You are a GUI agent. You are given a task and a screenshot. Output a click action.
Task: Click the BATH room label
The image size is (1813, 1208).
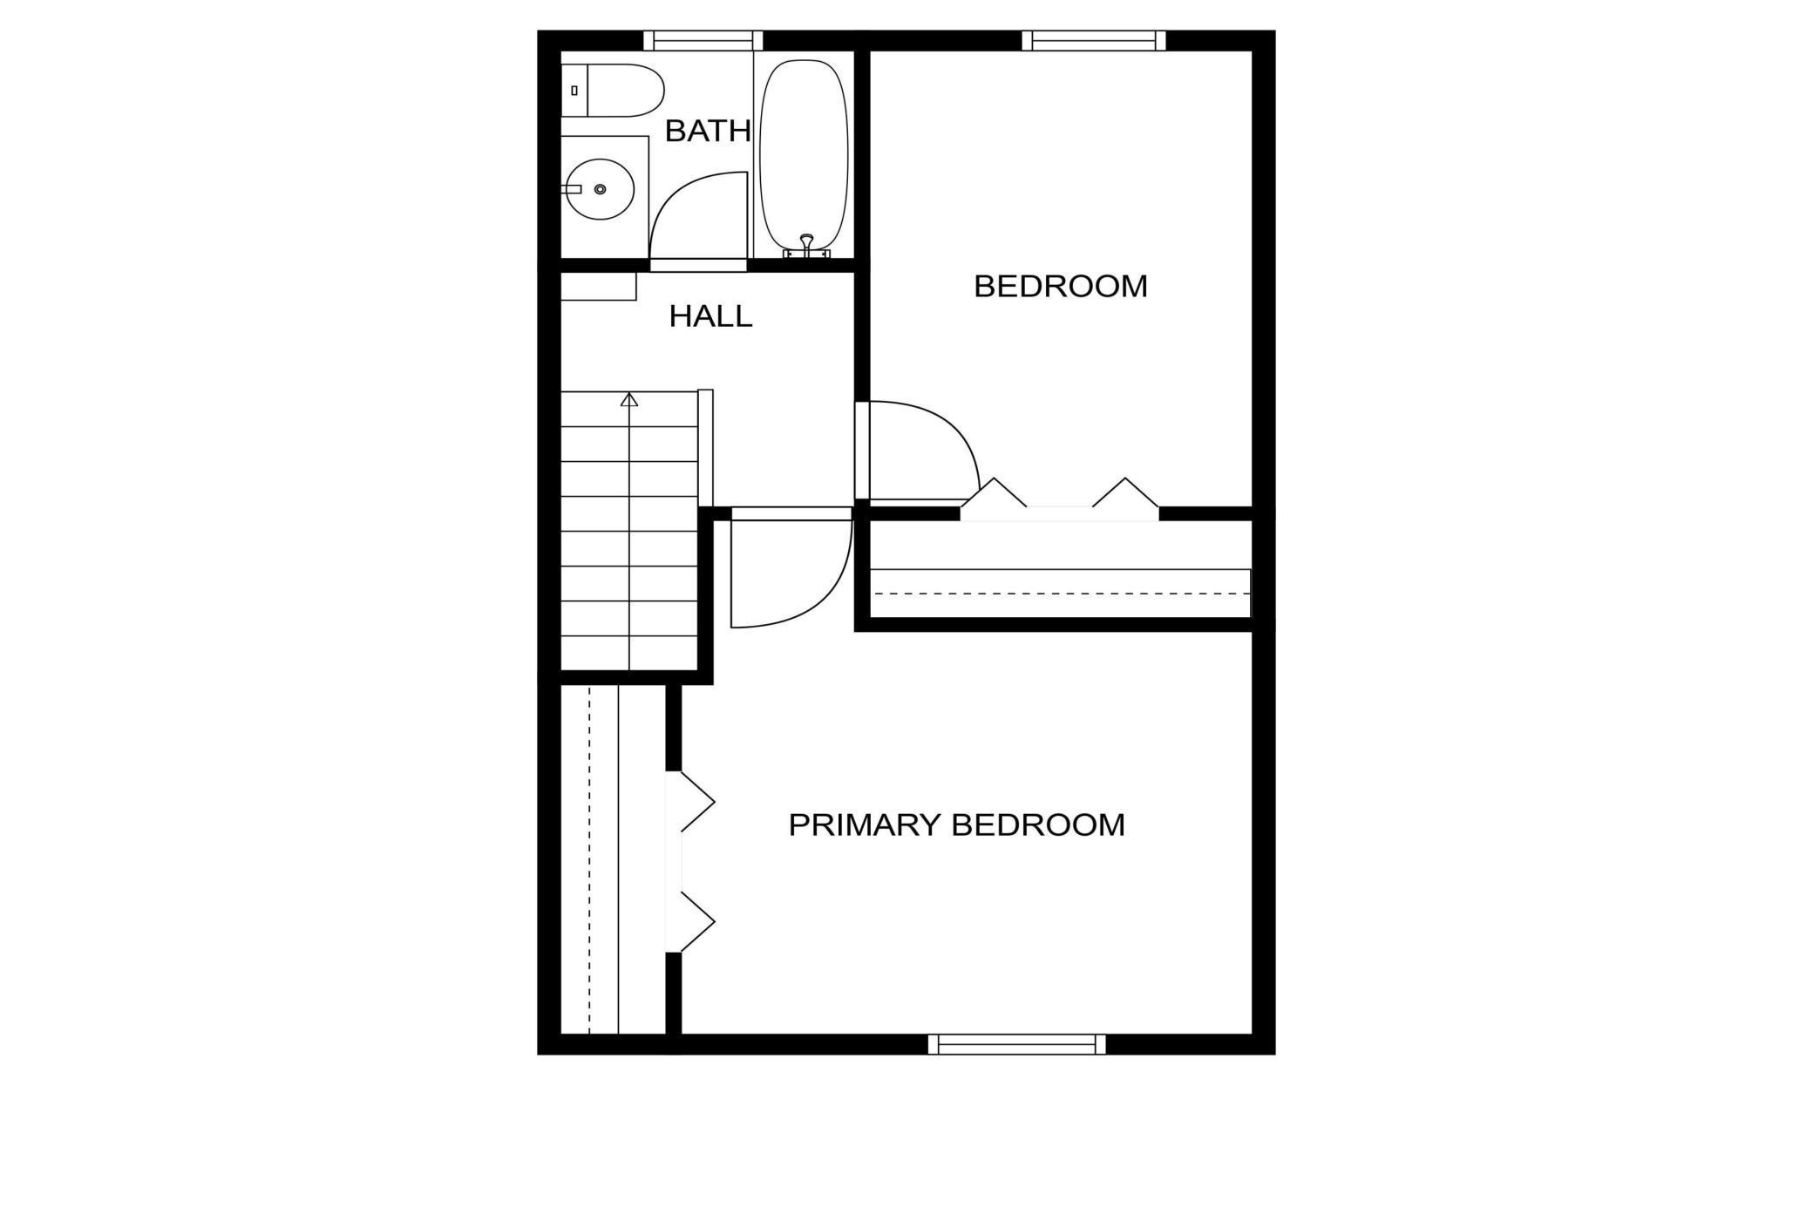(708, 131)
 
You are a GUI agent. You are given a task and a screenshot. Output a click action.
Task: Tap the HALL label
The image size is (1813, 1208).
(710, 316)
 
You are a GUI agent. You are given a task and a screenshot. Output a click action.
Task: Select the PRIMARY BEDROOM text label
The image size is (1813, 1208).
(956, 825)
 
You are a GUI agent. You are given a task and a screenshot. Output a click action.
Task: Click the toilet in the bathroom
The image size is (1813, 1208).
(612, 90)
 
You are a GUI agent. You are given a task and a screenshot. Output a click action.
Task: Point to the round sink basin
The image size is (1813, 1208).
(599, 189)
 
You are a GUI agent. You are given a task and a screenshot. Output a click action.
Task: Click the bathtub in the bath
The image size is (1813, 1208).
(804, 155)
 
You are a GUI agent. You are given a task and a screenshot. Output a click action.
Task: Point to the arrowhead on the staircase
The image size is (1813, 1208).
(629, 399)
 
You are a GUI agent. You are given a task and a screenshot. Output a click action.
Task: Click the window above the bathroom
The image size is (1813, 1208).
(703, 40)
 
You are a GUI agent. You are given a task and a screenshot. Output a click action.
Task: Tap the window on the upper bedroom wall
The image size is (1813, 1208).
(1094, 40)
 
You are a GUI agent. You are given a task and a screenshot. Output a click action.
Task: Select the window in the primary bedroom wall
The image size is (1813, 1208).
(1016, 1043)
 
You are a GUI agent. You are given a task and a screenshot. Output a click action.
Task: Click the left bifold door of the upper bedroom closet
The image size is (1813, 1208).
(994, 493)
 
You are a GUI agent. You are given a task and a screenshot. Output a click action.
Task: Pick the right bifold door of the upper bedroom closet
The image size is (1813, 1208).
(1125, 493)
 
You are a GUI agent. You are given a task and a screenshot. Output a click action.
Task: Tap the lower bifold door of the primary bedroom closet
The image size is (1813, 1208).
(697, 921)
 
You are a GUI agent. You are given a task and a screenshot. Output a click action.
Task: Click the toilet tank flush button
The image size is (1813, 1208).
(574, 91)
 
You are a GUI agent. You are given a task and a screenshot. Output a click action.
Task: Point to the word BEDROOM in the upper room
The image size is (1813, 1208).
(1061, 286)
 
